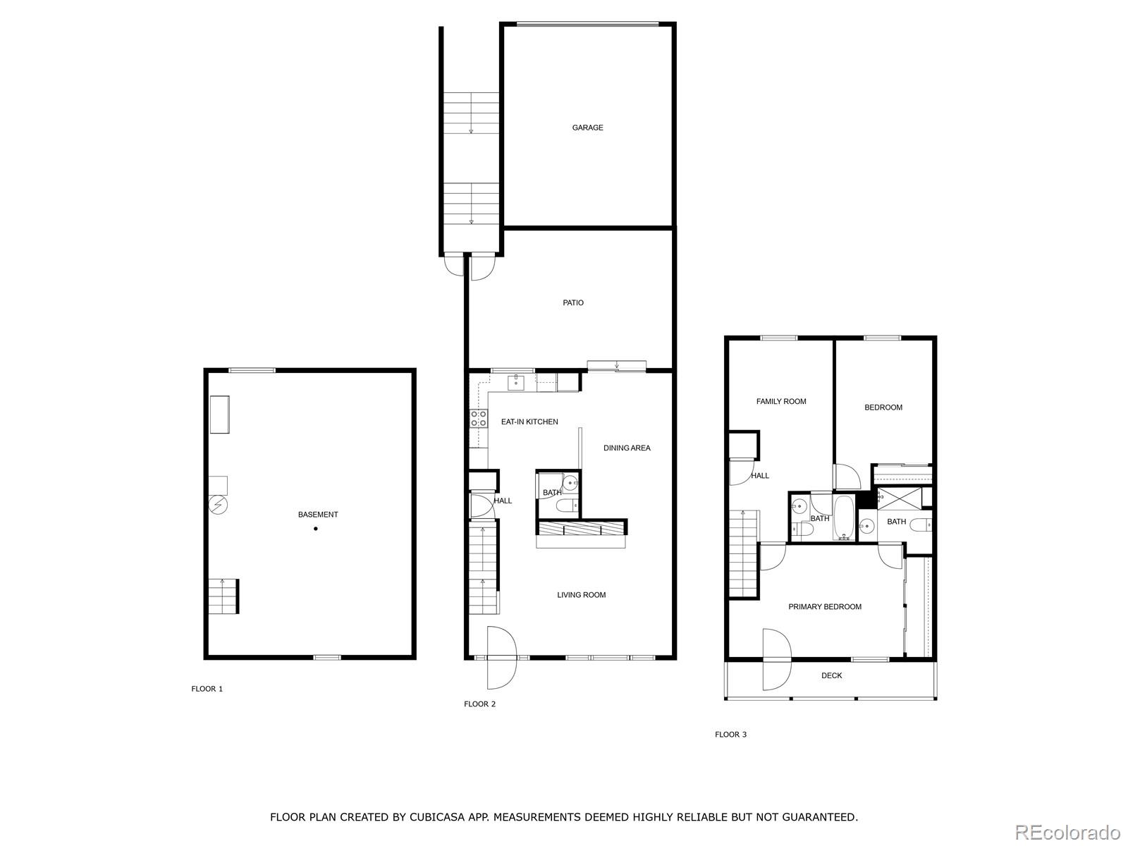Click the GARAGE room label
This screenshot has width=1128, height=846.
(x=587, y=128)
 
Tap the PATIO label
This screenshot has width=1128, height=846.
(x=573, y=302)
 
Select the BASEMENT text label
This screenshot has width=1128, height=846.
(x=318, y=515)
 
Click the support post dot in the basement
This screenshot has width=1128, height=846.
(x=316, y=529)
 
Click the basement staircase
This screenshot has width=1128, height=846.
(x=223, y=596)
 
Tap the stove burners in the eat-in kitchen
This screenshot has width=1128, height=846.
(x=479, y=418)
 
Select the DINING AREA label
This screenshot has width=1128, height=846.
(x=627, y=448)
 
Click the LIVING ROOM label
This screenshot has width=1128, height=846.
(x=582, y=595)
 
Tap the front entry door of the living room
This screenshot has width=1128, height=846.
(x=501, y=658)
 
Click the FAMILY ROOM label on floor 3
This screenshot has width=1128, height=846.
(x=781, y=401)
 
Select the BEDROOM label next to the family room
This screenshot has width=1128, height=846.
(x=883, y=407)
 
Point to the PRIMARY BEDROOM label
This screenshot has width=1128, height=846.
(x=825, y=607)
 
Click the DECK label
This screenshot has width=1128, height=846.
(x=832, y=675)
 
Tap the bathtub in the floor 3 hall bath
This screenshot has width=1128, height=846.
(x=844, y=518)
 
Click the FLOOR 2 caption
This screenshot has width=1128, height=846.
(x=479, y=704)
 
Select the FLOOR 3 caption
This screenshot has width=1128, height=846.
(x=730, y=735)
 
